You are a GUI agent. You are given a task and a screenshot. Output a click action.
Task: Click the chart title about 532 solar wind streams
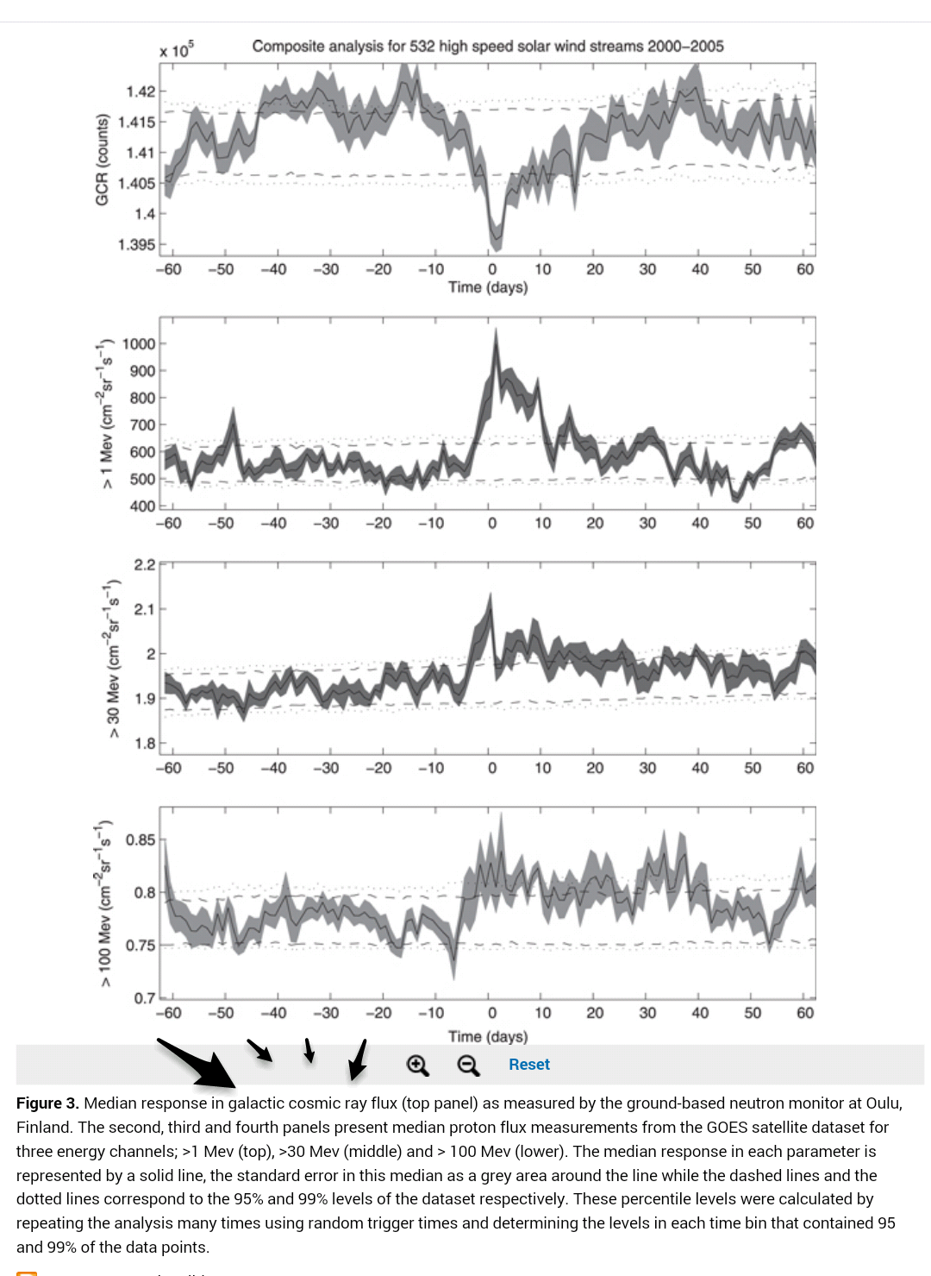click(x=487, y=46)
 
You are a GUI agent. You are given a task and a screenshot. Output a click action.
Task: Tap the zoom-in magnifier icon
click(x=418, y=1065)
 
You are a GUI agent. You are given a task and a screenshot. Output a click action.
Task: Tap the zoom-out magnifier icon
click(x=468, y=1065)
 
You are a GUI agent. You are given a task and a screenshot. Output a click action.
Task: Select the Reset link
click(x=528, y=1065)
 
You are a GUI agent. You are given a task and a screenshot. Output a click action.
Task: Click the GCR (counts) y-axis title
click(x=103, y=160)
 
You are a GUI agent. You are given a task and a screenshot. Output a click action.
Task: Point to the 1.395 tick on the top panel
click(x=137, y=245)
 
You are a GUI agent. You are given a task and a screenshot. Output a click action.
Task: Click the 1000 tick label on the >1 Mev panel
click(x=139, y=344)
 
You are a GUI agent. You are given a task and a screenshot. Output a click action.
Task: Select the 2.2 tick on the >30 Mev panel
click(x=144, y=565)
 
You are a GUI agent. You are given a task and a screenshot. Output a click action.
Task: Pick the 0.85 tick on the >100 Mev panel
click(x=141, y=840)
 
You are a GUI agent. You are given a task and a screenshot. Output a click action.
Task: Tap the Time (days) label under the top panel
click(x=487, y=287)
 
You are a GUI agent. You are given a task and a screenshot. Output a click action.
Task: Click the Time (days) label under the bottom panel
click(x=487, y=1036)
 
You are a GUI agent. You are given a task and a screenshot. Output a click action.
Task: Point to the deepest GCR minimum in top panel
click(x=495, y=244)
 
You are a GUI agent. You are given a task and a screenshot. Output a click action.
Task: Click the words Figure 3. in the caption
click(x=47, y=1103)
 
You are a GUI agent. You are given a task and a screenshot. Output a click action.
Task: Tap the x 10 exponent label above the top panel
click(x=176, y=50)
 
